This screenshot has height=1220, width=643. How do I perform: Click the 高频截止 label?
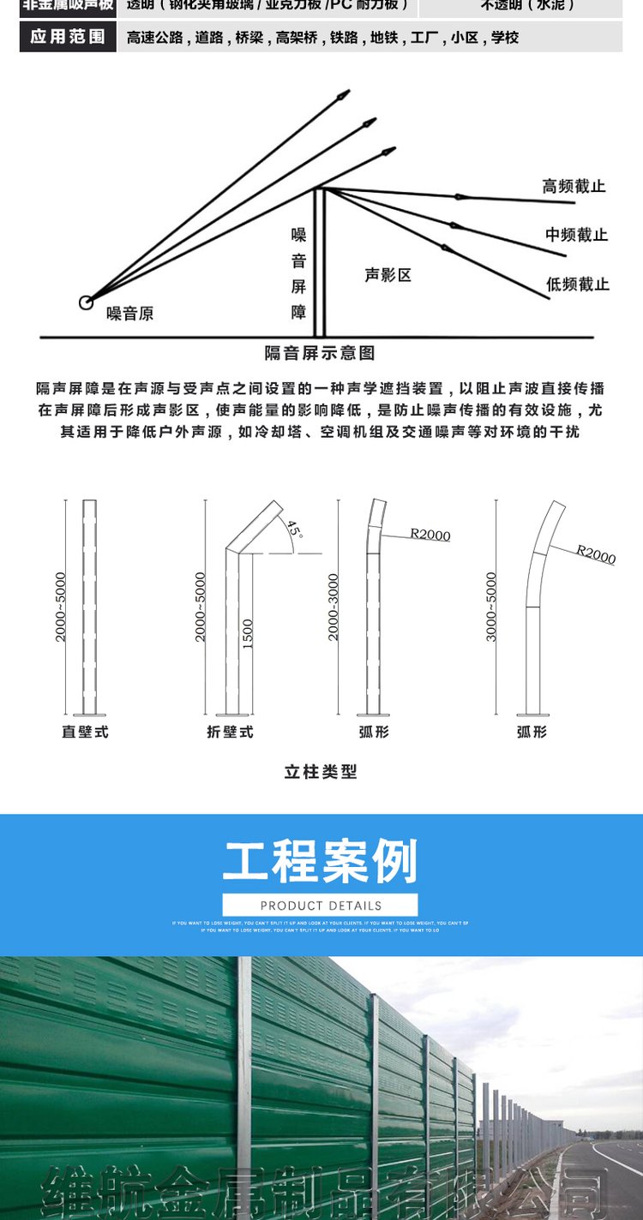click(574, 186)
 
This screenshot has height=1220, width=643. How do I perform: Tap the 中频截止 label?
click(576, 235)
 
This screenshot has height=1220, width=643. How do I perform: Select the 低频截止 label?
click(577, 284)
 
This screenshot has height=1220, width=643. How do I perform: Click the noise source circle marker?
click(86, 302)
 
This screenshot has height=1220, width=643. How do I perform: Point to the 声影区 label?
click(388, 275)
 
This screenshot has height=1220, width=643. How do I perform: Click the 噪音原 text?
click(130, 314)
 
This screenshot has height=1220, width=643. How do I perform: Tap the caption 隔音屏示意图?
click(319, 353)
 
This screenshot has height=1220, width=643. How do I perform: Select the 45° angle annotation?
click(294, 529)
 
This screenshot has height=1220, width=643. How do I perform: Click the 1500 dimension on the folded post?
click(248, 634)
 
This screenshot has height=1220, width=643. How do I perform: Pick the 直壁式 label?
click(85, 733)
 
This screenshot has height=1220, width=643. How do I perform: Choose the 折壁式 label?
click(230, 733)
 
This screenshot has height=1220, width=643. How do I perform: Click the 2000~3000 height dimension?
click(334, 607)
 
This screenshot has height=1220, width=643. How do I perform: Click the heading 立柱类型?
click(320, 772)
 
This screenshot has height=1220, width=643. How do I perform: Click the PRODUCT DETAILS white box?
click(320, 906)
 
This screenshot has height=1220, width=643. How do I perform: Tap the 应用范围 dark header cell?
click(68, 38)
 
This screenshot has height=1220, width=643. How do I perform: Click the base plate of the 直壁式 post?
click(89, 714)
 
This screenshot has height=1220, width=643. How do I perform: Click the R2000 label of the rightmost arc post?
click(596, 554)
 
